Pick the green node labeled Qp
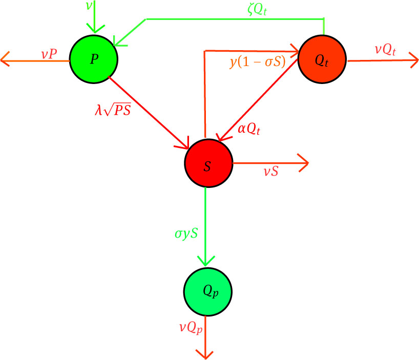point(207,291)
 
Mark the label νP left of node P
point(51,53)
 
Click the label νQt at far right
point(385,49)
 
